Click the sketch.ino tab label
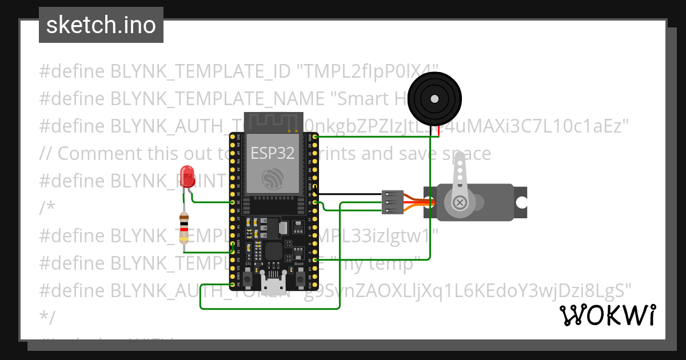point(101,25)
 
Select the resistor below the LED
point(184,228)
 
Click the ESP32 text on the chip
point(273,153)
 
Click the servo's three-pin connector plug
point(392,202)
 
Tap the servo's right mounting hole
point(521,202)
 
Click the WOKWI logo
point(607,315)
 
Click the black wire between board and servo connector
point(349,195)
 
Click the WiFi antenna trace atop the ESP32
point(273,122)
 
